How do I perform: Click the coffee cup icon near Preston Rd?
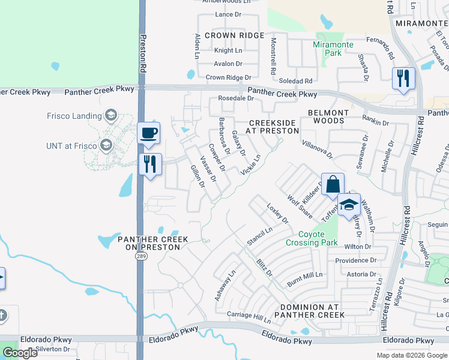148,133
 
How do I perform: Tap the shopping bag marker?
332,184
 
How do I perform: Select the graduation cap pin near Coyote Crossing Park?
349,205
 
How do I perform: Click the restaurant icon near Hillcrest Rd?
403,78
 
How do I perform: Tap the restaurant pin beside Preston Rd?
150,163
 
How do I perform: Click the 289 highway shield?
139,256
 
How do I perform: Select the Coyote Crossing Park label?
312,238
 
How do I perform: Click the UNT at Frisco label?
71,146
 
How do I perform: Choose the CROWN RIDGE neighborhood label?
234,36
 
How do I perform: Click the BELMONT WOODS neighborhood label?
328,116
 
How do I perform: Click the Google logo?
20,353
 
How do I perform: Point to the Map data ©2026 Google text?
411,355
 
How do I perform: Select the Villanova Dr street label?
317,149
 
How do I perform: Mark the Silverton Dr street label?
52,349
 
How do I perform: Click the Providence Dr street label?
356,260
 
